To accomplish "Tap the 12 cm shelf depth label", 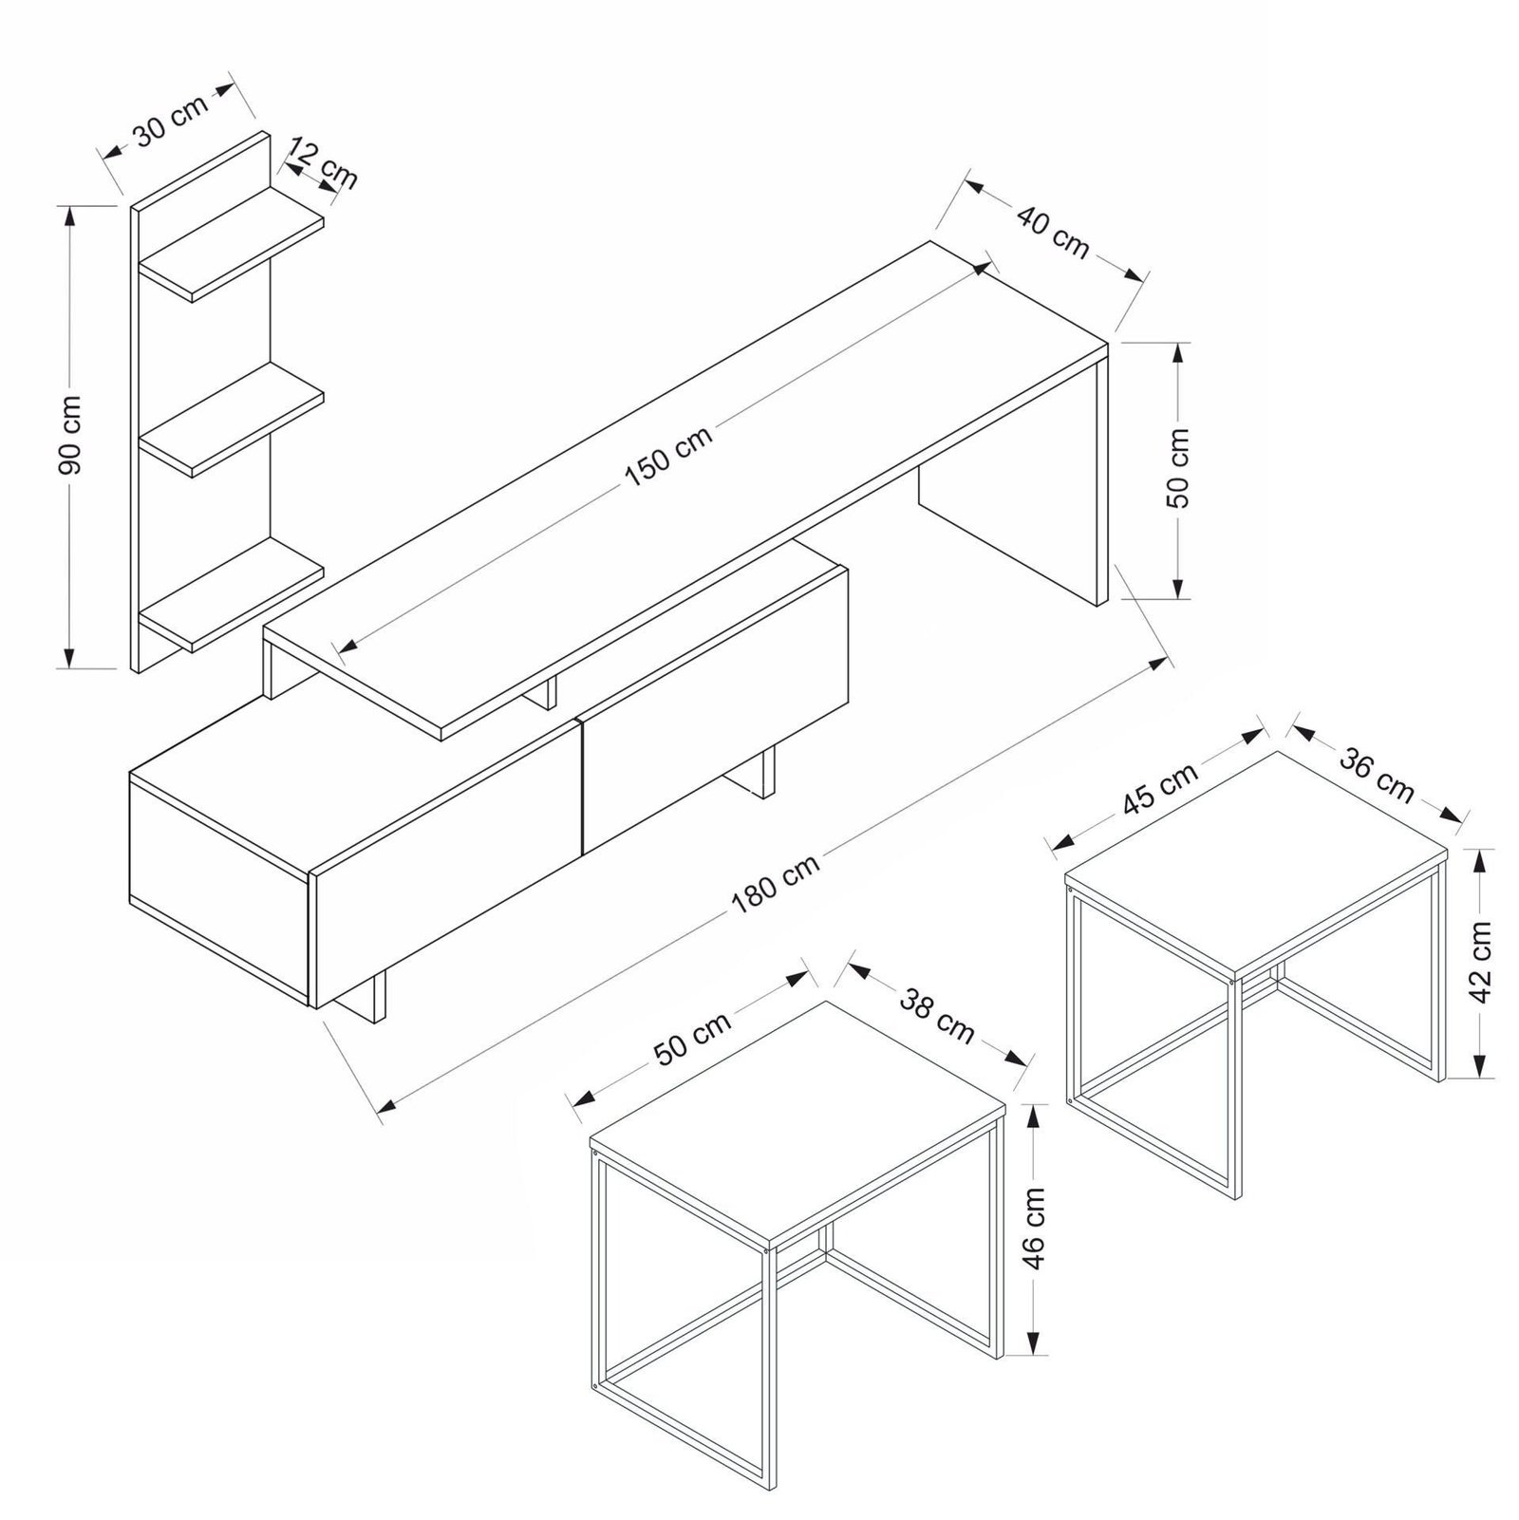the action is (x=323, y=163).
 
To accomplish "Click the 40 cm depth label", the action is (x=1053, y=231).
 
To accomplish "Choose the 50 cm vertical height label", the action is (x=1178, y=469).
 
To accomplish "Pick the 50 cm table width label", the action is (x=693, y=1039).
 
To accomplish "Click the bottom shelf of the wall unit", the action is (x=232, y=593).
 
